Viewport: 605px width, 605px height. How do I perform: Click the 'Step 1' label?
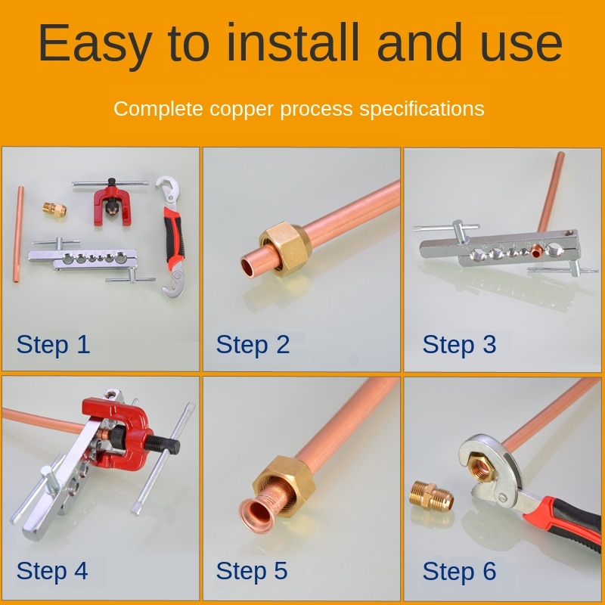(53, 344)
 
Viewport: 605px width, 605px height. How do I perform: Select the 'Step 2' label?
(253, 344)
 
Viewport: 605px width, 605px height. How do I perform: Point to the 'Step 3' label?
(459, 344)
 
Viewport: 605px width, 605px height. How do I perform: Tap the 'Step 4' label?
(52, 570)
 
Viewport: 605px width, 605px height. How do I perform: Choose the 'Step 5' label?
(252, 570)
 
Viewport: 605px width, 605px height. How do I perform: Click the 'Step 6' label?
(459, 570)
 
